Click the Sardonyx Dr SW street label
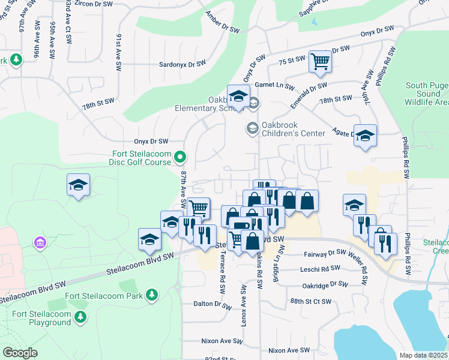[182, 63]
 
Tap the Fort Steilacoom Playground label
[41, 319]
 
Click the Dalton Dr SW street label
[212, 305]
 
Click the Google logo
[20, 353]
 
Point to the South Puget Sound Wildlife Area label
[427, 94]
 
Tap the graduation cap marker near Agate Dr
[364, 136]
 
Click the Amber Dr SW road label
[221, 23]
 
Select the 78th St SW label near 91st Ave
[98, 103]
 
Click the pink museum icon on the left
[41, 243]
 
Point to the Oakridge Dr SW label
[325, 284]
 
